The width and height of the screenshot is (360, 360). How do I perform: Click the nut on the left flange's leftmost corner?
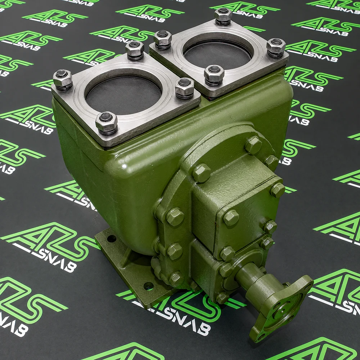point(63,79)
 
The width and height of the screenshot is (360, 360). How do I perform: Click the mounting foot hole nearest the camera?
point(149,286)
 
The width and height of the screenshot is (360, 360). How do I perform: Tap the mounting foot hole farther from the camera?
point(112,239)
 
